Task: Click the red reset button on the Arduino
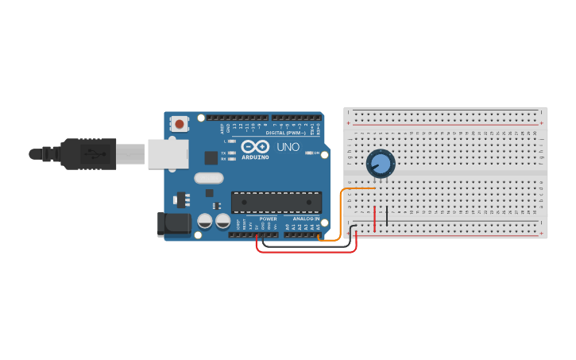180,123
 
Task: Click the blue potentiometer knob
381,164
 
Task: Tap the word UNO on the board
288,147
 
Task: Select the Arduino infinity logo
255,147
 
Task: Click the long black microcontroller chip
276,202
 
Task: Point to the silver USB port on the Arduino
168,154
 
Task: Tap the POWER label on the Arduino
268,219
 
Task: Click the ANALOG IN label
306,219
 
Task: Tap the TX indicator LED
231,153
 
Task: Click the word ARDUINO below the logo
255,157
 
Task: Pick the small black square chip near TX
211,157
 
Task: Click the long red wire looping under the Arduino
306,252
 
